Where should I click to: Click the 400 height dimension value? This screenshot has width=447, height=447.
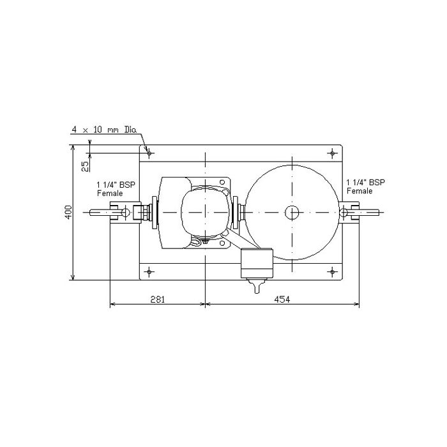68,212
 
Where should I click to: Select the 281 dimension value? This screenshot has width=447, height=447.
157,299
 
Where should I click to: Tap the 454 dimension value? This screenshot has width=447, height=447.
282,299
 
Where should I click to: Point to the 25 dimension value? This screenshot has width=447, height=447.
85,167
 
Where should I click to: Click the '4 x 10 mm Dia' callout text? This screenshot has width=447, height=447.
104,130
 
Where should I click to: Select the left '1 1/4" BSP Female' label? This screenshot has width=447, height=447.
116,189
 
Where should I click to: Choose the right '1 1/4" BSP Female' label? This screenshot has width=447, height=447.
366,186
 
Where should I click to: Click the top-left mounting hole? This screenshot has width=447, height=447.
149,153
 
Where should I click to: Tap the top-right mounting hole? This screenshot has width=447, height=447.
332,153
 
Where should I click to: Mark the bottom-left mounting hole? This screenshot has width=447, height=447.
149,271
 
